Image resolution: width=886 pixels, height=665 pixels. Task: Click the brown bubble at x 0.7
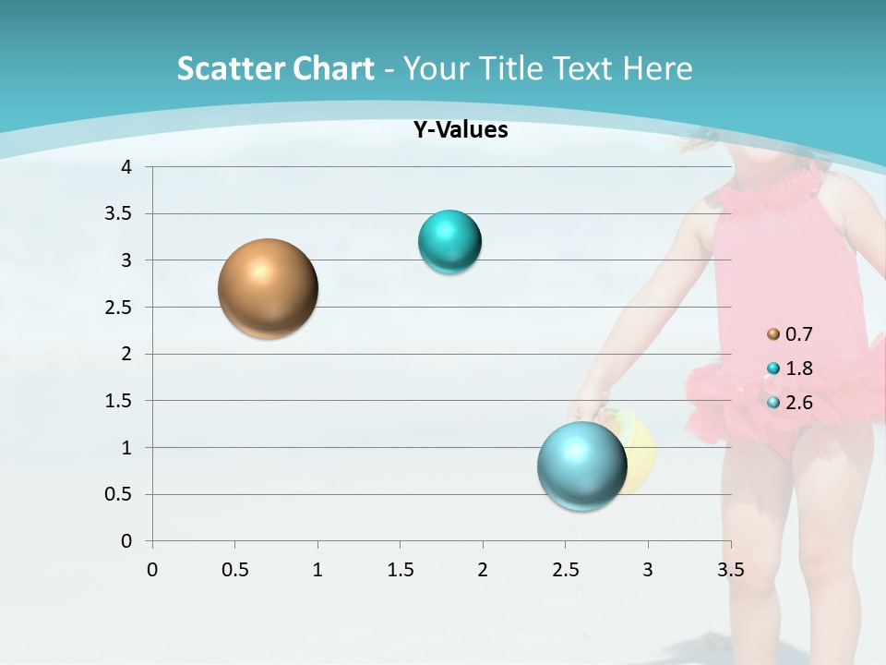[268, 288]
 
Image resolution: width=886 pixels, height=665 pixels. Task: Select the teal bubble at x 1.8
[449, 242]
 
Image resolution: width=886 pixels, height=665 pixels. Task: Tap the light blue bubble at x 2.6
[581, 465]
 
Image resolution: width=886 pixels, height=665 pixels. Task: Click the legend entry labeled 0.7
[796, 333]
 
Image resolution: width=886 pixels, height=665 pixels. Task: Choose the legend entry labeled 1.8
[796, 369]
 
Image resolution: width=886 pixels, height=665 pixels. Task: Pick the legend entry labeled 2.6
[796, 403]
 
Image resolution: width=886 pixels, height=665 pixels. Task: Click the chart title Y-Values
[460, 130]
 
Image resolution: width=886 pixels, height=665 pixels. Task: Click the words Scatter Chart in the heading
[275, 68]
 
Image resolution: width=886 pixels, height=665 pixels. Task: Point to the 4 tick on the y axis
[126, 167]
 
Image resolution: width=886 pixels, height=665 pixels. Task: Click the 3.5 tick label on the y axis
[120, 213]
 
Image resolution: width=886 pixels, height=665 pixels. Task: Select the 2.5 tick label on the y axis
[120, 307]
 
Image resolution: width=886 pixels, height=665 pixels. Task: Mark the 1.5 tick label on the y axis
[120, 401]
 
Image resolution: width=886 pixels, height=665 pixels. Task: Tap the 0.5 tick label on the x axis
[234, 569]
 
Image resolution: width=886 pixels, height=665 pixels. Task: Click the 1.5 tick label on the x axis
[400, 569]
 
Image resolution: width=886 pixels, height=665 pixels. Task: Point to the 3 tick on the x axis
[648, 569]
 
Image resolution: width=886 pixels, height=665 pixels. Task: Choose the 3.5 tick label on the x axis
[730, 569]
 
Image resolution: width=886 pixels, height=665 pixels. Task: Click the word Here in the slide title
[657, 68]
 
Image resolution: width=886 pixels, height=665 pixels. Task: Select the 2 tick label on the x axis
[483, 569]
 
